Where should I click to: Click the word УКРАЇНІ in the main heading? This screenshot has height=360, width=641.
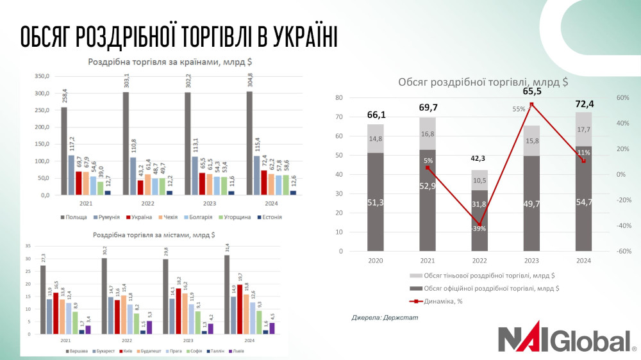tap(288, 38)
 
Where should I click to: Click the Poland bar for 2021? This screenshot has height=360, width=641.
tap(64, 150)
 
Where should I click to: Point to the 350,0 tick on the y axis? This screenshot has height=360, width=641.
tap(41, 76)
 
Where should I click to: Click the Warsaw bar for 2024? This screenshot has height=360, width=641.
tap(228, 294)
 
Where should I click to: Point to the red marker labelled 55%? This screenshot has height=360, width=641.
tap(531, 104)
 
